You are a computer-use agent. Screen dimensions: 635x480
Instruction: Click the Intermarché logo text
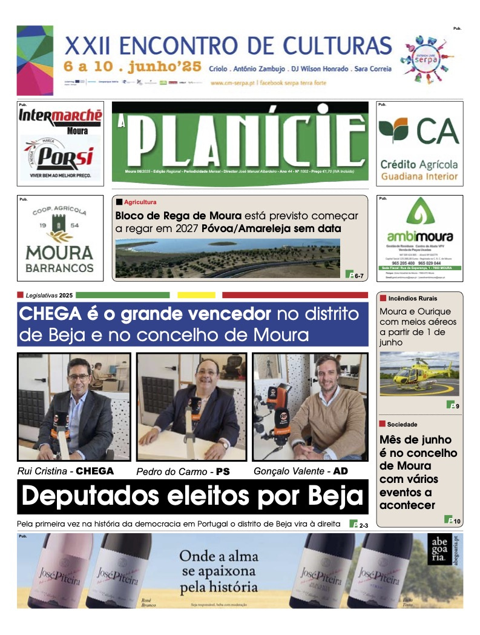click(x=60, y=116)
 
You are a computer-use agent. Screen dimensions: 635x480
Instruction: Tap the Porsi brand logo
click(x=59, y=158)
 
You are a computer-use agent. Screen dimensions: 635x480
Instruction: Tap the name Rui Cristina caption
click(x=44, y=471)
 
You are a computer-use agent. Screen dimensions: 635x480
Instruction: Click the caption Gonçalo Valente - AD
click(x=300, y=471)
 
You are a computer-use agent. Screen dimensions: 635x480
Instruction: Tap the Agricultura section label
click(x=140, y=202)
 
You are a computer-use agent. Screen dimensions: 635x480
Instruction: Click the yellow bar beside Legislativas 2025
click(x=196, y=295)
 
